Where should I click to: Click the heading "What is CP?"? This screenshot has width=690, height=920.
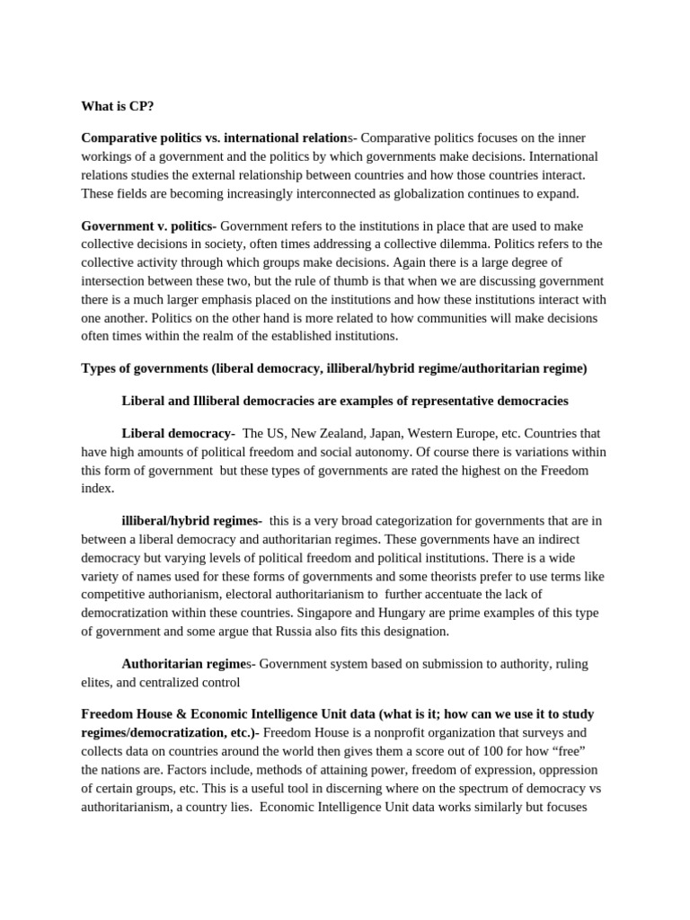(x=118, y=106)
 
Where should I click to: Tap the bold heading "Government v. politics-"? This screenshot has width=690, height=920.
(x=148, y=226)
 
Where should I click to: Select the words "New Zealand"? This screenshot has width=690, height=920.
(x=316, y=433)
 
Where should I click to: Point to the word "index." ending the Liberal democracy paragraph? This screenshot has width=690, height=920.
(x=98, y=488)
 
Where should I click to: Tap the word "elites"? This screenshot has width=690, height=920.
(x=98, y=682)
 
